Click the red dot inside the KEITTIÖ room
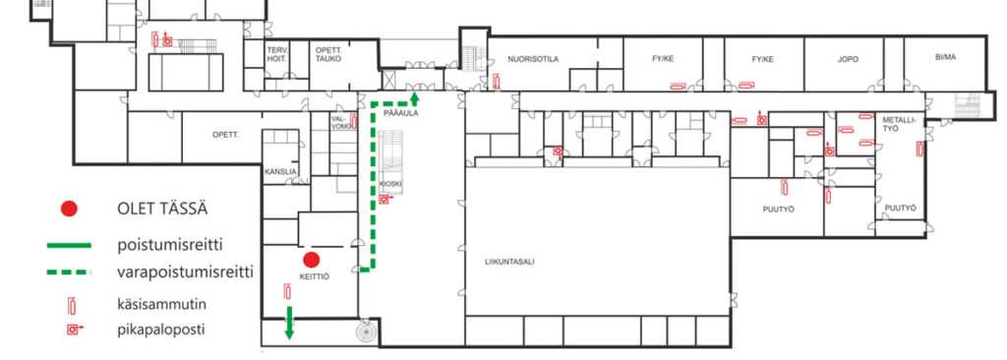(312, 260)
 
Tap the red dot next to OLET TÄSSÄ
(69, 209)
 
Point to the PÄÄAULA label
(401, 113)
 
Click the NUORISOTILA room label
(533, 59)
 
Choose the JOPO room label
(848, 59)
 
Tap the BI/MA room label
(945, 57)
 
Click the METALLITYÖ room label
(896, 124)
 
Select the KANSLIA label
(280, 172)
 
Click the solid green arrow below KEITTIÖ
(289, 323)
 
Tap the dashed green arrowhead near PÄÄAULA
(414, 97)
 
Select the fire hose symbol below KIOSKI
(385, 200)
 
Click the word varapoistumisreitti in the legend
(185, 272)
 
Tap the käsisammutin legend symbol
(72, 305)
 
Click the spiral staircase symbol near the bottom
(366, 330)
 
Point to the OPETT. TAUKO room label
(328, 54)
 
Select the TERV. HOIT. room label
(277, 54)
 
